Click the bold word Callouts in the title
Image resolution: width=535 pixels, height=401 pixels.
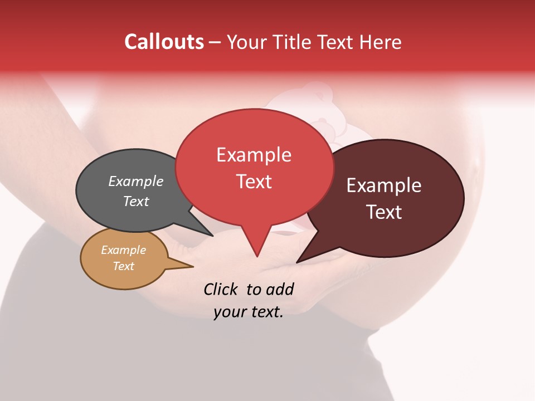[164, 42]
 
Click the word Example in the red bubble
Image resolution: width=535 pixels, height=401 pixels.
[254, 155]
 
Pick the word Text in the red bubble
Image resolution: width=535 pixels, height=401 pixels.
[254, 182]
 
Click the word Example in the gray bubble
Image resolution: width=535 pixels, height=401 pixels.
[136, 182]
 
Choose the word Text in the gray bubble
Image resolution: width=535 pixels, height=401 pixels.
[136, 201]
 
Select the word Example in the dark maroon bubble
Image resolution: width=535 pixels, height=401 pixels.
[384, 185]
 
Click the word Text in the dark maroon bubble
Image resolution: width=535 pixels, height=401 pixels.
[384, 212]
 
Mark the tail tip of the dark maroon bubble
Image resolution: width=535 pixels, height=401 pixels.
[298, 261]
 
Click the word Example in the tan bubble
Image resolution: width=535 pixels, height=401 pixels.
[124, 250]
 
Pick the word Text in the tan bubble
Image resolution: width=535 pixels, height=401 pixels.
[124, 266]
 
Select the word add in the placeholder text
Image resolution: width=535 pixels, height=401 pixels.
[279, 289]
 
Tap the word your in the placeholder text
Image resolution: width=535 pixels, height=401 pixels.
[228, 312]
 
